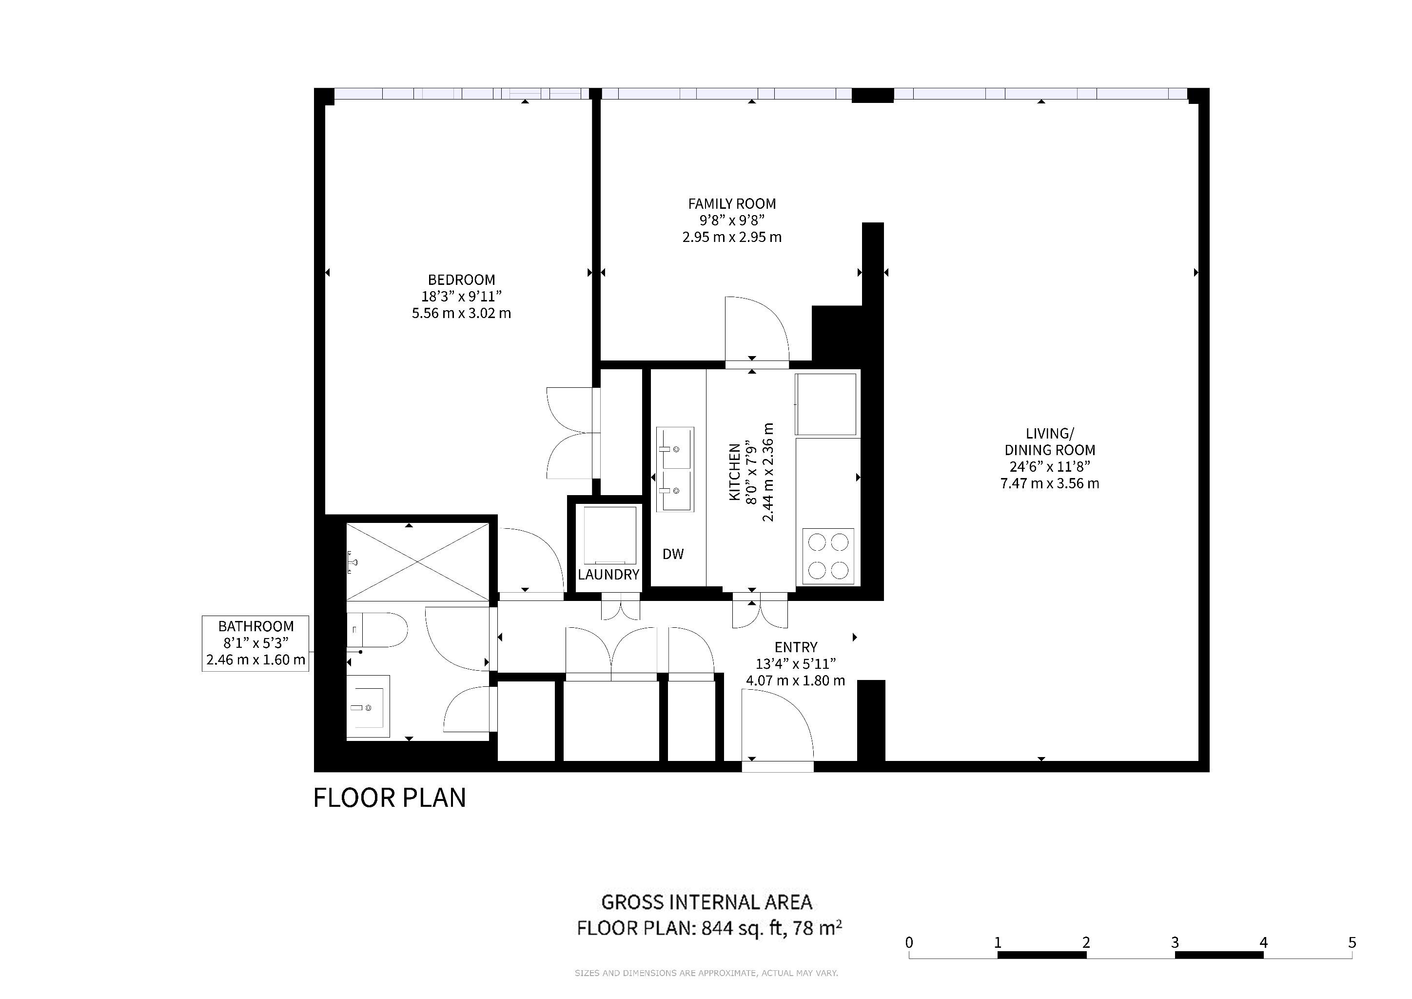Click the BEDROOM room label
[461, 280]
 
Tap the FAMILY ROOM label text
[732, 203]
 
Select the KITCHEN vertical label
[734, 473]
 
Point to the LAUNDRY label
[608, 575]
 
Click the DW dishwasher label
[673, 554]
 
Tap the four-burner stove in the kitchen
[828, 557]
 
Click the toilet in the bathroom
[377, 630]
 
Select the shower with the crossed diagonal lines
[417, 561]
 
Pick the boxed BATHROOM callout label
[255, 643]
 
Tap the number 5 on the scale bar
[1352, 943]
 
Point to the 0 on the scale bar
[909, 943]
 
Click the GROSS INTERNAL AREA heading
[706, 902]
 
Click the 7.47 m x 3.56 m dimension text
[1050, 483]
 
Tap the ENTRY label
[796, 648]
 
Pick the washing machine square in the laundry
[609, 535]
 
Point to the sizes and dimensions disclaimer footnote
[706, 973]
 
